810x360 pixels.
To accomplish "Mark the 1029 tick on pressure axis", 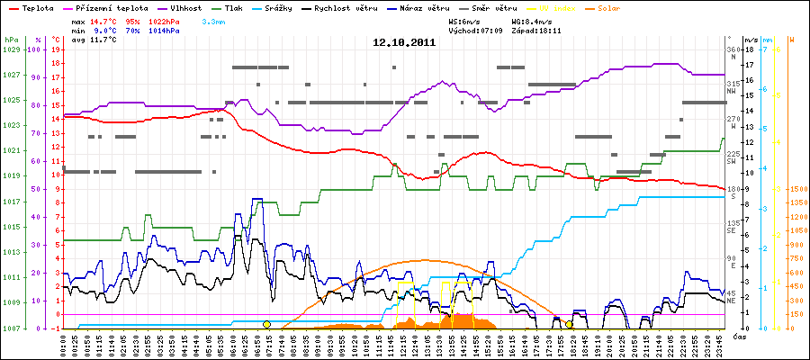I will [11, 49].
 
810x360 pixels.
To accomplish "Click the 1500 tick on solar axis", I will [797, 189].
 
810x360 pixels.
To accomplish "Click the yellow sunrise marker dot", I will [266, 324].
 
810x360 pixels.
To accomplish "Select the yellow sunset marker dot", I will [569, 324].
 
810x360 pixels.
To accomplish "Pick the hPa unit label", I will [10, 40].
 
